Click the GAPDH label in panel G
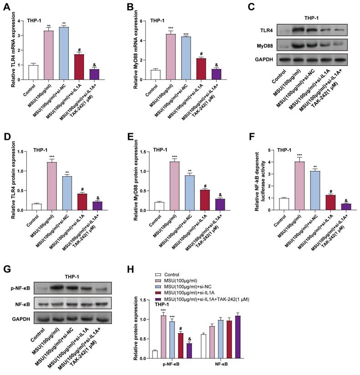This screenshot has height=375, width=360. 20,319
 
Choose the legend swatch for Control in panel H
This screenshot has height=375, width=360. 158,275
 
